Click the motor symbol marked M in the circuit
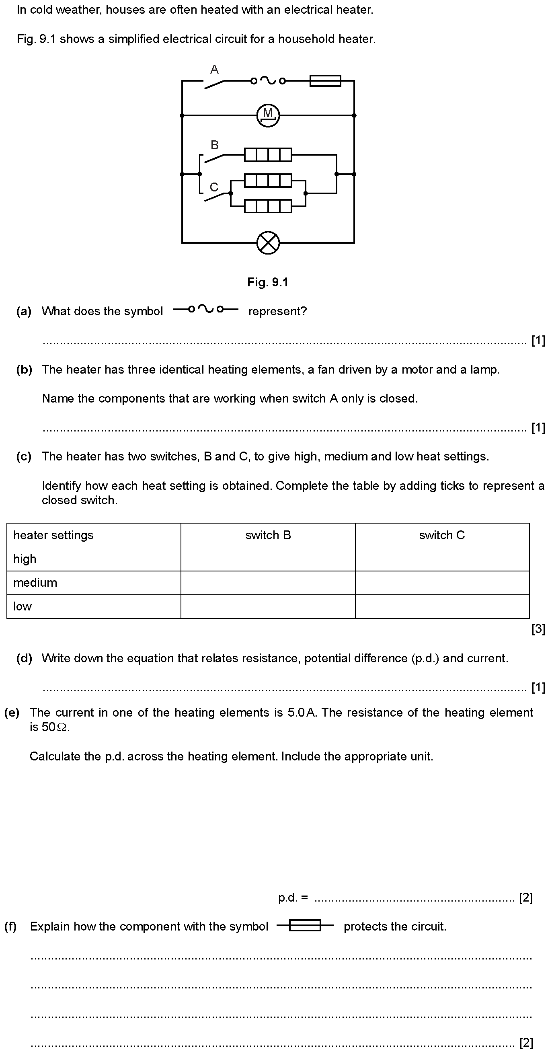(268, 115)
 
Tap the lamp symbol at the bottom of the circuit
(268, 243)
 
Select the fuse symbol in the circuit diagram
(325, 81)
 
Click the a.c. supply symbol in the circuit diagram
(268, 81)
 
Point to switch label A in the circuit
(214, 70)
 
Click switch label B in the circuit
(214, 145)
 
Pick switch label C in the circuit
(214, 187)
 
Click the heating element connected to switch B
(268, 155)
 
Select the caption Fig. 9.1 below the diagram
(268, 282)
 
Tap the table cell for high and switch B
(268, 559)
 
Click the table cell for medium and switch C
(442, 583)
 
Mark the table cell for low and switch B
(268, 607)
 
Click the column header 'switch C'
(442, 535)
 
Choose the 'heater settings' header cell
(53, 535)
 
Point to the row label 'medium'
(35, 583)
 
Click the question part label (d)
(24, 658)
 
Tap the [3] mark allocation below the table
(538, 629)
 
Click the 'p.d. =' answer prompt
(293, 898)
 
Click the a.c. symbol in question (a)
(206, 309)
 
